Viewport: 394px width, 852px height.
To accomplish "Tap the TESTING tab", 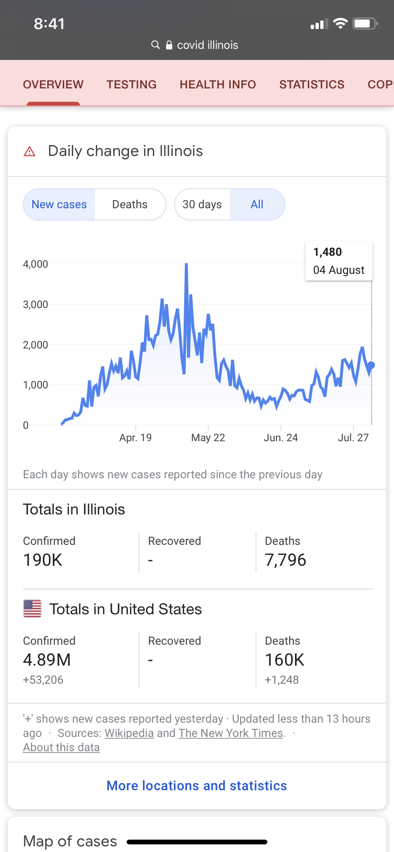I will (131, 85).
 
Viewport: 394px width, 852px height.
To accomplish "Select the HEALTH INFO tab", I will (217, 85).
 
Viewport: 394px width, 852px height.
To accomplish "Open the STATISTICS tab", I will (312, 85).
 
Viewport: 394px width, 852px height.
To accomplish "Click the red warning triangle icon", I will (30, 152).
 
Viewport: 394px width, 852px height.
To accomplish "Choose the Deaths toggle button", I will (129, 204).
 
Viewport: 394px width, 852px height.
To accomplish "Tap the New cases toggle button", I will (59, 204).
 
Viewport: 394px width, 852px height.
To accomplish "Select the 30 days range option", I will (202, 204).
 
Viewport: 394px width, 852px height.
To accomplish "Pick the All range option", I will (257, 204).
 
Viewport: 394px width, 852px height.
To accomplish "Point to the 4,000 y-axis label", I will (36, 264).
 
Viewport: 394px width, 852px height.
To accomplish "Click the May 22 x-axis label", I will (208, 438).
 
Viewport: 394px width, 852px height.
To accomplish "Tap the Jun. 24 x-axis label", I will (281, 438).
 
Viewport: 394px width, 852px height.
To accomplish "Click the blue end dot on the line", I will (372, 365).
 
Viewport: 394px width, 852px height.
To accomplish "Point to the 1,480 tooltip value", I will (328, 252).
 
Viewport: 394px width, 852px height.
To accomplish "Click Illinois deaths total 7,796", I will (286, 560).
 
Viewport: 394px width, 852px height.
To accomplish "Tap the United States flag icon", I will (32, 609).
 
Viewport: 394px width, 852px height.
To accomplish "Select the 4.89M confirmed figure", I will (47, 660).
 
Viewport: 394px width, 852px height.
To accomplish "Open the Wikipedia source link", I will (129, 733).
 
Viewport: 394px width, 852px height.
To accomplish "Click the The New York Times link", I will (231, 733).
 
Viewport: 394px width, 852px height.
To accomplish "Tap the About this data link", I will (61, 747).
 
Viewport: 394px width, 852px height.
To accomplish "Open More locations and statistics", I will (197, 786).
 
